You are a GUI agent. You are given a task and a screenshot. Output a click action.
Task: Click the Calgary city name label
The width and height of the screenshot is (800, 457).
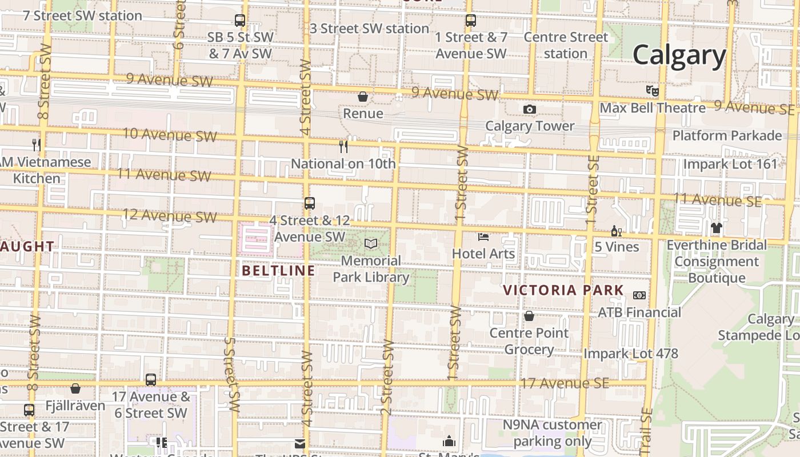(679, 55)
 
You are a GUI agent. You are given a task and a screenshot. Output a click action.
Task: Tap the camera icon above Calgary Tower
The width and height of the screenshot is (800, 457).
(530, 109)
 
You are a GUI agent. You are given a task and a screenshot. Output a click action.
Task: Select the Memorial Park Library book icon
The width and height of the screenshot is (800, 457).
(371, 244)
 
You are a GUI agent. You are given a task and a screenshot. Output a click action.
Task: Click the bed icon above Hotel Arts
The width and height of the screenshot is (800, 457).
(483, 236)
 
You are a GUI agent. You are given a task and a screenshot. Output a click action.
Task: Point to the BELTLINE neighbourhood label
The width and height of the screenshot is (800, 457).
(278, 270)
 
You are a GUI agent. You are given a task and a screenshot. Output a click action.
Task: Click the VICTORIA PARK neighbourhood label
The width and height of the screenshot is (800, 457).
(563, 290)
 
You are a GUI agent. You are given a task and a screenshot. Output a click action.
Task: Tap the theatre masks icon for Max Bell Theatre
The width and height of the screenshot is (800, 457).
(653, 90)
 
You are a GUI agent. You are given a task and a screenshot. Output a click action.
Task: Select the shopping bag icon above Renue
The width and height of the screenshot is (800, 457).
(363, 97)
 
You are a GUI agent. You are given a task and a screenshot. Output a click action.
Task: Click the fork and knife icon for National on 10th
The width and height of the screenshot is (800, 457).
(343, 147)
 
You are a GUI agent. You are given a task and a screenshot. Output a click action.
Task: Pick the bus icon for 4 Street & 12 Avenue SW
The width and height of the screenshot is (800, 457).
(309, 203)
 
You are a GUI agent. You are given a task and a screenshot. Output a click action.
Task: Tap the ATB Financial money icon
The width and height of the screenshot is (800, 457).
(639, 295)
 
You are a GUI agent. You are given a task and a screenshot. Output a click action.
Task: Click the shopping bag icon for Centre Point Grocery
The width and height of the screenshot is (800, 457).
(529, 315)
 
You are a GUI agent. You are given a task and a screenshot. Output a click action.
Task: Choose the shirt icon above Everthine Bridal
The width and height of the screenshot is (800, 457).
(717, 228)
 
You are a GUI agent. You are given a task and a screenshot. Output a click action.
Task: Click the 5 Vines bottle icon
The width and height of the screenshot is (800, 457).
(617, 231)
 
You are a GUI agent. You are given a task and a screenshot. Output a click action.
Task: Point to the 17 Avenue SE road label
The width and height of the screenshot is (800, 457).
(564, 383)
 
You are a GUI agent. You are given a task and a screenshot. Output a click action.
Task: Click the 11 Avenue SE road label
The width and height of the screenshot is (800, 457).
(717, 200)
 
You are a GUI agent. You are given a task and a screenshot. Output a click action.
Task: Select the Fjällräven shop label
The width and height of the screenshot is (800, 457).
(75, 406)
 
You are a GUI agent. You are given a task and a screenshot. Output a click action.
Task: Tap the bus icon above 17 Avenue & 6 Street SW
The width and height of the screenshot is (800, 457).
(151, 379)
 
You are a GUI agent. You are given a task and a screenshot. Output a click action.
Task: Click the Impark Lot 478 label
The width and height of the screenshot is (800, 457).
(630, 354)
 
